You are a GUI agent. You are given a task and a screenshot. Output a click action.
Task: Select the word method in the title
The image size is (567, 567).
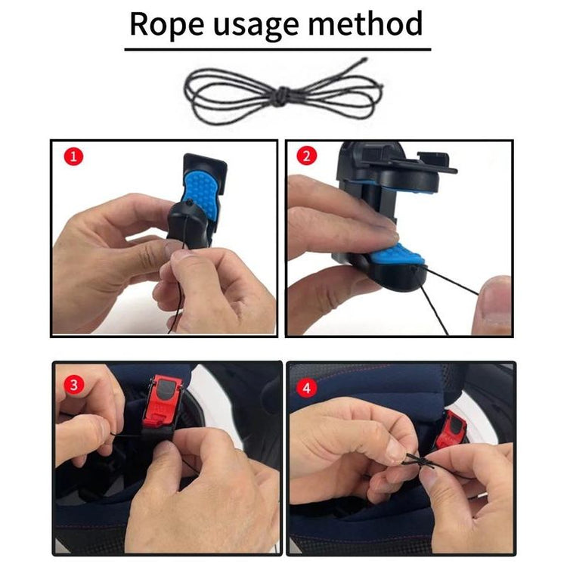365,23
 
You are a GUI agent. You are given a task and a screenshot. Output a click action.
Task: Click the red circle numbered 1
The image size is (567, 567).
73,156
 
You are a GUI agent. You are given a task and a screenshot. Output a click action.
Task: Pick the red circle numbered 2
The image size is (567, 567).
306,156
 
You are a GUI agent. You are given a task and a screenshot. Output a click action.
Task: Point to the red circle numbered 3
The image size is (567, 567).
74,385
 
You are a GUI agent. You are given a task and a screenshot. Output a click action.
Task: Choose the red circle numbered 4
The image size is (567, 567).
307,388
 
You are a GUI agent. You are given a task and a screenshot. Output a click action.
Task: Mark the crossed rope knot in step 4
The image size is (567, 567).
420,461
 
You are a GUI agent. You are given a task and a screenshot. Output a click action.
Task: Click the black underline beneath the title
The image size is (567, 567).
277,49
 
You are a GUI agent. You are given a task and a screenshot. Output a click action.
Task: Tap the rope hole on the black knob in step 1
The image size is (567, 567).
190,203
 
